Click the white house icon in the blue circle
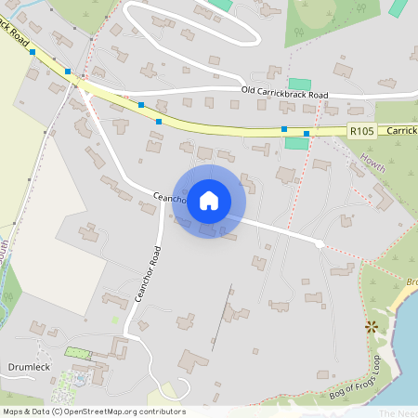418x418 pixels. pyautogui.click(x=209, y=201)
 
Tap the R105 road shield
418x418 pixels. pyautogui.click(x=362, y=132)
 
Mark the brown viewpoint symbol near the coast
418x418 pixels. pyautogui.click(x=372, y=326)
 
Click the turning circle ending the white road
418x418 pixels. pyautogui.click(x=320, y=243)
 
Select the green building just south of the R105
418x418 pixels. pyautogui.click(x=295, y=142)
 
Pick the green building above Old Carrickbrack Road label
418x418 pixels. pyautogui.click(x=300, y=84)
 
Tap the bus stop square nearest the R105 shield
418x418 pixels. pyautogui.click(x=307, y=134)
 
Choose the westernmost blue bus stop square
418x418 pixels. pyautogui.click(x=33, y=53)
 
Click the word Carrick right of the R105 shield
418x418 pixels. pyautogui.click(x=400, y=132)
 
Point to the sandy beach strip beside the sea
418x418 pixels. pyautogui.click(x=399, y=302)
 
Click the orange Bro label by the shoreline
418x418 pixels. pyautogui.click(x=411, y=280)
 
